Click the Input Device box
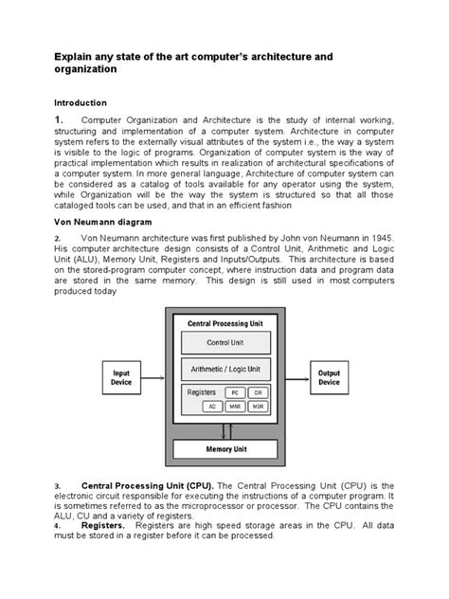tap(123, 377)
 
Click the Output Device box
tap(328, 377)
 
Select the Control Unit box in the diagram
tap(224, 342)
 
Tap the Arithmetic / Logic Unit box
tap(224, 369)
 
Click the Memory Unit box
tap(224, 448)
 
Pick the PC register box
tap(233, 391)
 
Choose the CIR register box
tap(258, 391)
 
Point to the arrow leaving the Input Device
tap(157, 377)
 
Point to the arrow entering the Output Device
tap(294, 377)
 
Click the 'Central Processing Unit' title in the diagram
tap(224, 323)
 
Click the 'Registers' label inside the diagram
tap(202, 391)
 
